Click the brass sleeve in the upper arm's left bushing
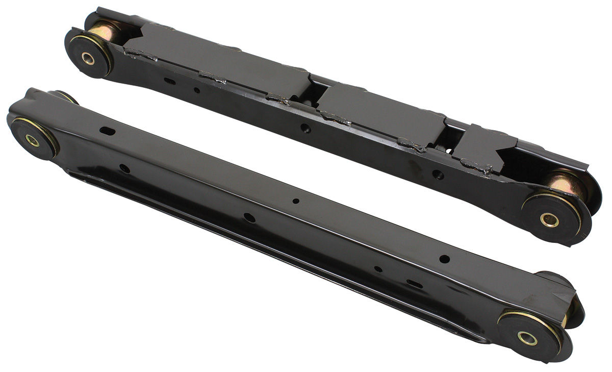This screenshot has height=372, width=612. (89, 59)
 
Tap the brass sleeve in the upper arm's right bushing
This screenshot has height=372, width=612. (549, 220)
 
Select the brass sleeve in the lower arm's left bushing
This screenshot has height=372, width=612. (33, 141)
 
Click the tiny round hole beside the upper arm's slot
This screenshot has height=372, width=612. (196, 90)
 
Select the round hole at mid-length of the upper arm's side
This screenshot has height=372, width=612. (305, 128)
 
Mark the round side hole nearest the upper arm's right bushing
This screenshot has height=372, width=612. (437, 174)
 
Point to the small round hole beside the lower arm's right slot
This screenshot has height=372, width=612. (378, 269)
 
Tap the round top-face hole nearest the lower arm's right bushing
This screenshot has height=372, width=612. (444, 259)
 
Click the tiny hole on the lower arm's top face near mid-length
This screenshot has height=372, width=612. (296, 201)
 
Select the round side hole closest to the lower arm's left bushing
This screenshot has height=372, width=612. (124, 168)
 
